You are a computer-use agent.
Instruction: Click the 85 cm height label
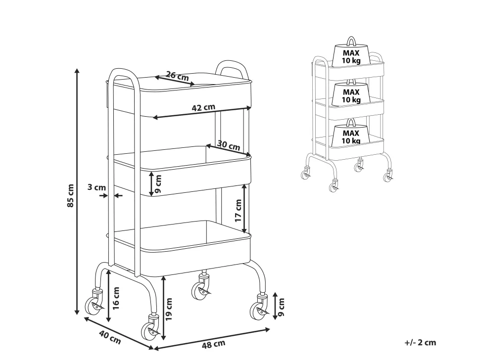coord(70,195)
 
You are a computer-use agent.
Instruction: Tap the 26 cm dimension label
coord(177,76)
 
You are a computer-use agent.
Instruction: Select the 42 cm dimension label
coord(203,107)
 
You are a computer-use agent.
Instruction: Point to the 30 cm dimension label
coord(229,146)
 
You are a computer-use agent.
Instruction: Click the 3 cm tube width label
coord(96,187)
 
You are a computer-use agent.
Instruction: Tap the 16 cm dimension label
coord(116,298)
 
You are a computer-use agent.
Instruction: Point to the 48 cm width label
coord(214,344)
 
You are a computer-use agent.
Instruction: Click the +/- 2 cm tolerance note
coord(420,342)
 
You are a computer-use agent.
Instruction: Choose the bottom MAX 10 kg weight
coord(351,136)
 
